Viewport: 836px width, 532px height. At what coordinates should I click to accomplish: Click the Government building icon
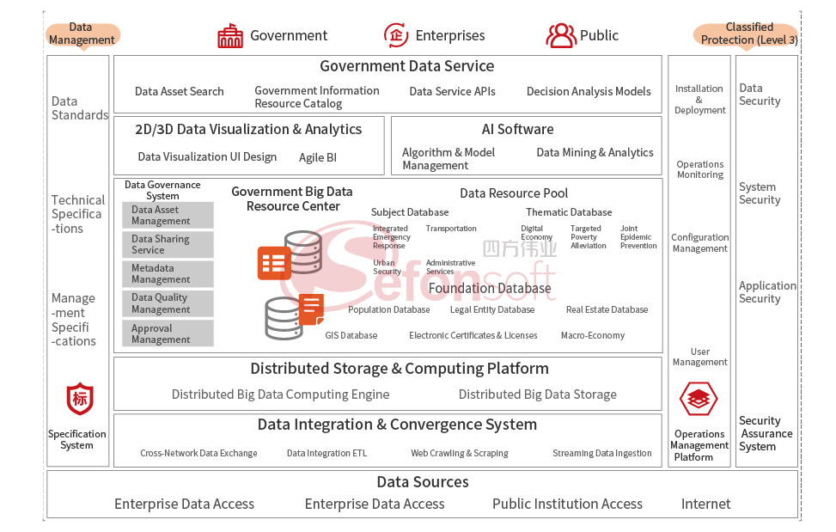tap(230, 36)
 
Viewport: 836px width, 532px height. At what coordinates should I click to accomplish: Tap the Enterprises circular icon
tap(396, 35)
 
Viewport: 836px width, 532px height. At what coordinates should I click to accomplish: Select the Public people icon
tap(561, 35)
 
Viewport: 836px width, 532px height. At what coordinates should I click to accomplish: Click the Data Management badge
tap(82, 34)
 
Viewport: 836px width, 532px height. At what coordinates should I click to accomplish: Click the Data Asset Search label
tap(179, 91)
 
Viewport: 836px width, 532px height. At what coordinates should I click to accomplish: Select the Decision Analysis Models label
tap(589, 91)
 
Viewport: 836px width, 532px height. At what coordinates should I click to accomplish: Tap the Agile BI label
tap(318, 157)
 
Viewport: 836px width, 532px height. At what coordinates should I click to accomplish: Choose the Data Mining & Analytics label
tap(595, 152)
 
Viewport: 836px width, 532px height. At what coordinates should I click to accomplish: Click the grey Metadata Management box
tap(168, 274)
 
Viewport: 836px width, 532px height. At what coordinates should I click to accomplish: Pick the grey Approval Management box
tap(168, 333)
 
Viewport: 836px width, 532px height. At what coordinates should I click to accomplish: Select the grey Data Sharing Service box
tap(168, 244)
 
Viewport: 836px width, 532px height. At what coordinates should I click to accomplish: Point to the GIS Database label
tap(351, 335)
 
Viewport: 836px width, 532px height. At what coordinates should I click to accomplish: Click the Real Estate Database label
tap(607, 309)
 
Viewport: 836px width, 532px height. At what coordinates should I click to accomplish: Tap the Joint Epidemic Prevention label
tap(638, 237)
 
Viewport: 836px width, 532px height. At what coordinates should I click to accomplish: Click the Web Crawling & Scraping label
tap(459, 453)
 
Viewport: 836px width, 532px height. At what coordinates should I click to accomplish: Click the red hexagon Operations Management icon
tap(699, 399)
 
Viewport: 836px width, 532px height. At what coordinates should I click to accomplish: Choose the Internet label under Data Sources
tap(705, 504)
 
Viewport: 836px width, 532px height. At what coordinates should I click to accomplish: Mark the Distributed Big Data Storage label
tap(537, 394)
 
